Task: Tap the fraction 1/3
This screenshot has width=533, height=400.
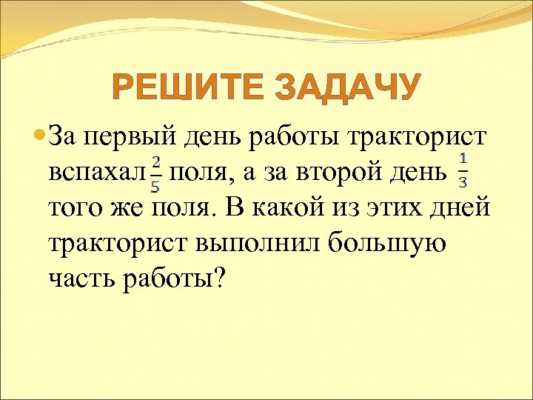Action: click(x=463, y=170)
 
